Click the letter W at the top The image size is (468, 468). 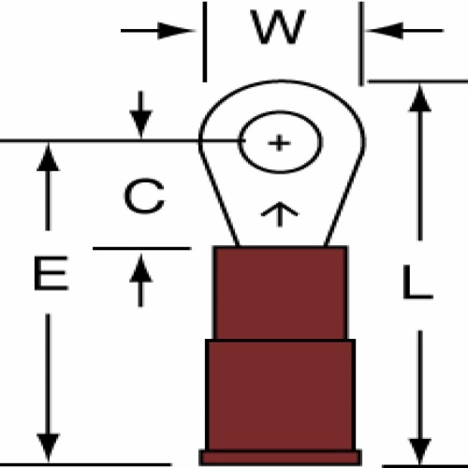(x=279, y=27)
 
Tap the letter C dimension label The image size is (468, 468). (x=144, y=197)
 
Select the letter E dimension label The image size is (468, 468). (x=51, y=273)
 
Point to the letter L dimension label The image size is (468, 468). (x=417, y=282)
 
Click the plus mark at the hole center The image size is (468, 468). (x=279, y=143)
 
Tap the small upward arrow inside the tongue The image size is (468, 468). (x=280, y=214)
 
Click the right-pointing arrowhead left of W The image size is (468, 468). (x=176, y=31)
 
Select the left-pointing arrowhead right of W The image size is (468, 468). (x=384, y=31)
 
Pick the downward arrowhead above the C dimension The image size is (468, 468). (x=141, y=124)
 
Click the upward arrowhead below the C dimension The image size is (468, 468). (x=140, y=269)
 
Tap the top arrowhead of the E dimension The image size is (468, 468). (x=48, y=156)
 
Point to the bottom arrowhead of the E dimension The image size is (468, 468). (x=48, y=447)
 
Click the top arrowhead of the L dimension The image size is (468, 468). (x=420, y=97)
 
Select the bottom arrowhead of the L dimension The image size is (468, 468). (x=420, y=450)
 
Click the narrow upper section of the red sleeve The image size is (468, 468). (x=280, y=293)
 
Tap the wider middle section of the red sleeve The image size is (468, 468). (x=280, y=395)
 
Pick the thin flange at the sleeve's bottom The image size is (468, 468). (x=280, y=458)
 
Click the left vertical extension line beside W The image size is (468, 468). (x=205, y=42)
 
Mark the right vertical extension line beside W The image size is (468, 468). (x=361, y=43)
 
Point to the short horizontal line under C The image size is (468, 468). (x=142, y=248)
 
